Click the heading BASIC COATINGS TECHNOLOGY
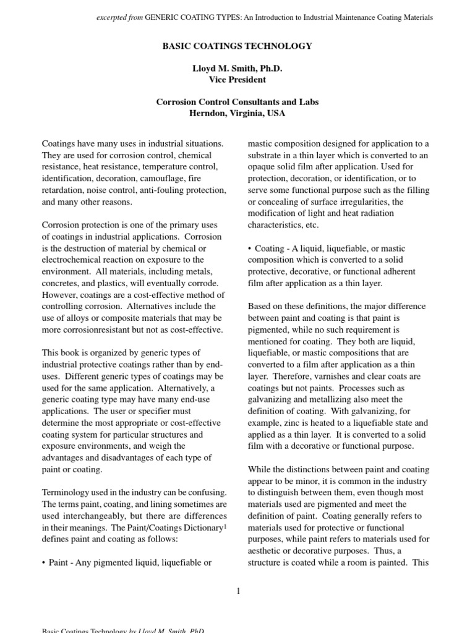(237, 46)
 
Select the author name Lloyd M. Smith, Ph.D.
(237, 68)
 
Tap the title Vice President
(237, 79)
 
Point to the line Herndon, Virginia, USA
(237, 113)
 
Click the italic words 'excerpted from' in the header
(119, 18)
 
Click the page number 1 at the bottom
(237, 591)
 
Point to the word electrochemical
(72, 260)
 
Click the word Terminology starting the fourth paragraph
(67, 493)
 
